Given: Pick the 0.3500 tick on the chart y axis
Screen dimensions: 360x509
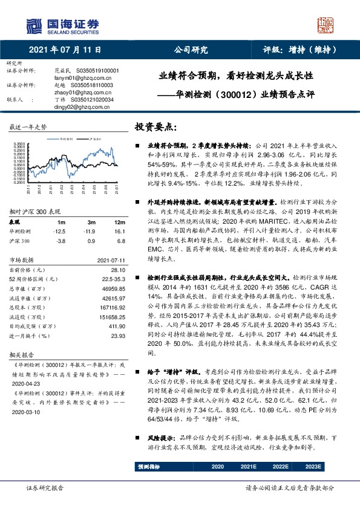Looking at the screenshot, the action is (18, 143).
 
